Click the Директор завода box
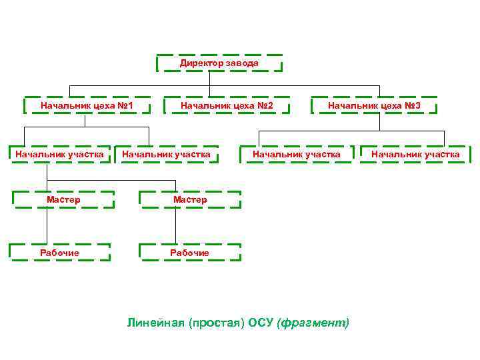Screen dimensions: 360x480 point(219,63)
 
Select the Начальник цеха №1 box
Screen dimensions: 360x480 point(87,105)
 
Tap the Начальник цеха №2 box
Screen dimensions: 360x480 point(226,105)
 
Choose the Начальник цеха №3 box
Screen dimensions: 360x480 point(373,105)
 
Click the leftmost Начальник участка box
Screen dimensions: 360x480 point(59,155)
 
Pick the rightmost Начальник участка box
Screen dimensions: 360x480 point(415,155)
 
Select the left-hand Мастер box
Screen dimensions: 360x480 point(63,199)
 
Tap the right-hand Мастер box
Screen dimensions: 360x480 point(190,199)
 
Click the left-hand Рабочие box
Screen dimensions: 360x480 point(59,253)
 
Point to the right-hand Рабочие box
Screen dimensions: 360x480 point(189,253)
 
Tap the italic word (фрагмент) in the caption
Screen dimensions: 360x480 point(313,323)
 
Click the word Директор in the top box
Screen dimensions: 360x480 point(200,63)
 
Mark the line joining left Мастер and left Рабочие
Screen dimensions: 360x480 point(47,227)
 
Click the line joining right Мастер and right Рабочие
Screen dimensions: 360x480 point(176,227)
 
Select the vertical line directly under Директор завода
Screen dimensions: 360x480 point(209,79)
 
